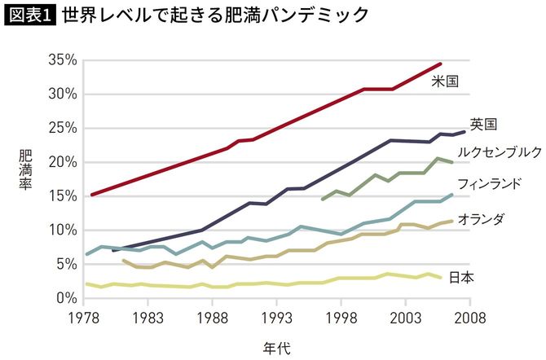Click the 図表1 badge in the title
(31, 15)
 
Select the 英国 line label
(484, 124)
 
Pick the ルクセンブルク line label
(499, 151)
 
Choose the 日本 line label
(462, 277)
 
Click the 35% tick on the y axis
(63, 60)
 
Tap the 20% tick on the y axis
(63, 162)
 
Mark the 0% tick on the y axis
(67, 299)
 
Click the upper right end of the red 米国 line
(441, 64)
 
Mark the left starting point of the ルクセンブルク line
(324, 199)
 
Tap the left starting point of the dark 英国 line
(113, 250)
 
